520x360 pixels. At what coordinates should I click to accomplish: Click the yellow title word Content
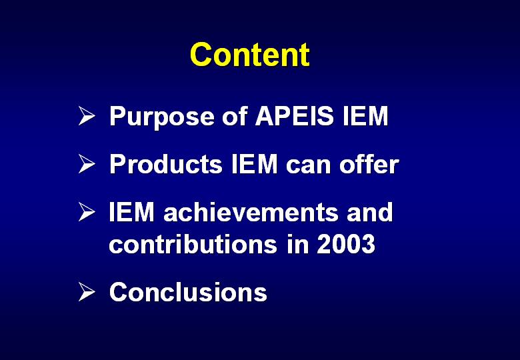pos(250,55)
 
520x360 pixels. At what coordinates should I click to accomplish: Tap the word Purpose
pos(162,117)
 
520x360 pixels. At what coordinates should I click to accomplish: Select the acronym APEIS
pos(294,116)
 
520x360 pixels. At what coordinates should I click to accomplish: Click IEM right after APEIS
pos(365,116)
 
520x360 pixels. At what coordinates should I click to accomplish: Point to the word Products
pos(166,164)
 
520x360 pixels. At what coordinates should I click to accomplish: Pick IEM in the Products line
pos(255,164)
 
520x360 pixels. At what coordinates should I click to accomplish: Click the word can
pos(309,167)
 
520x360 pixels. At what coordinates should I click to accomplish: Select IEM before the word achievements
pos(131,212)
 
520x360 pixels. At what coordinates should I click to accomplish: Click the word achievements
pos(251,212)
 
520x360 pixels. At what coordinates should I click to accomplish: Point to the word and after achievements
pos(370,212)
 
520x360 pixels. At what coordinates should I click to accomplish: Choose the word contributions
pos(193,243)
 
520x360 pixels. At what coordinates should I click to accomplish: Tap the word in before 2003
pos(297,243)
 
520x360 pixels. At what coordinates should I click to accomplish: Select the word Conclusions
pos(188,292)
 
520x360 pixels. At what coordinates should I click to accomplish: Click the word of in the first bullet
pos(235,116)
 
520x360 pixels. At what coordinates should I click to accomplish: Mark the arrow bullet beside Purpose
pos(87,116)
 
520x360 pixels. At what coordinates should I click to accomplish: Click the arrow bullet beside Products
pos(87,164)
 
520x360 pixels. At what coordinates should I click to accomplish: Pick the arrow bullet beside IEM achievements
pos(87,212)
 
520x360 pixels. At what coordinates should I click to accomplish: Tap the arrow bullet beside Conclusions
pos(87,292)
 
